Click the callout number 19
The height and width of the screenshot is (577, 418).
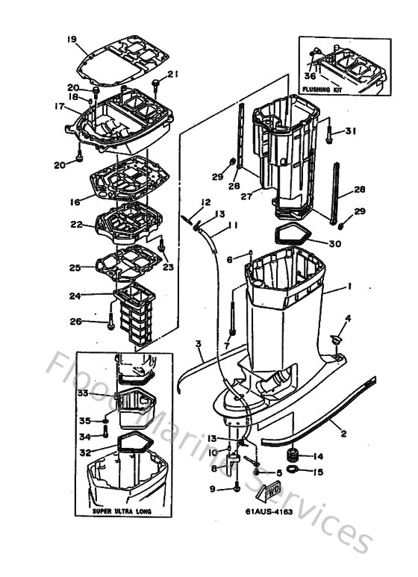click(x=72, y=39)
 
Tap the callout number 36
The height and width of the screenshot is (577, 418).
click(x=311, y=75)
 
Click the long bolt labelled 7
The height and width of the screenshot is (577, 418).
click(x=234, y=314)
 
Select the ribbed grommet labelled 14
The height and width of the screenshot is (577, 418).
click(x=293, y=455)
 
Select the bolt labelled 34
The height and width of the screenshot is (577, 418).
click(x=107, y=437)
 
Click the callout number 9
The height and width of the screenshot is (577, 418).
click(x=212, y=489)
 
